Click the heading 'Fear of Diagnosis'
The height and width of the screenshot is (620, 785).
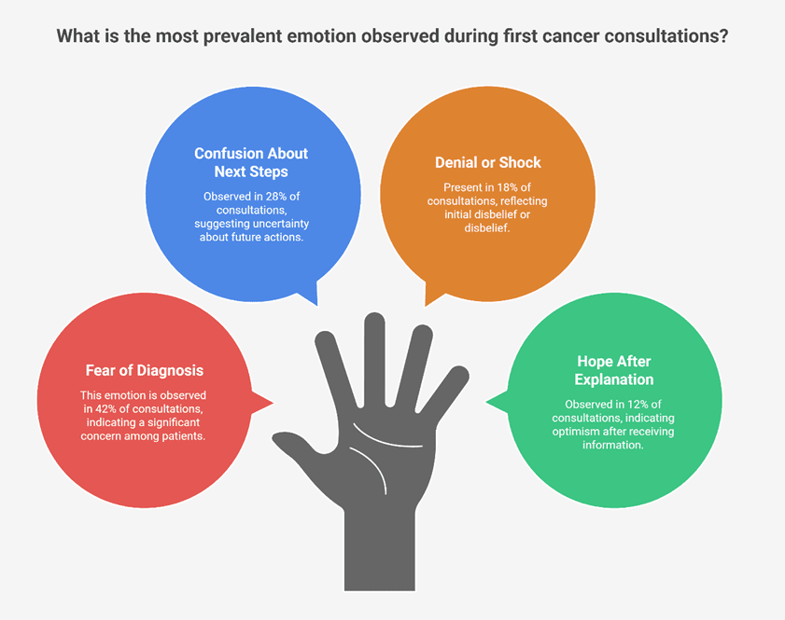click(x=144, y=370)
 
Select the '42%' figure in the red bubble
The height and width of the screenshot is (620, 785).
click(x=105, y=408)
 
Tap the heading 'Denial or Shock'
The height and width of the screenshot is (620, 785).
click(x=487, y=162)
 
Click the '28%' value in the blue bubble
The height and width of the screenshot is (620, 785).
click(x=276, y=197)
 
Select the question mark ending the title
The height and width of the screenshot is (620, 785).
click(x=722, y=36)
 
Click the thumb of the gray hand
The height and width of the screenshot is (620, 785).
click(x=301, y=447)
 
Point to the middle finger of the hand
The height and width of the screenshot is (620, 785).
click(x=374, y=357)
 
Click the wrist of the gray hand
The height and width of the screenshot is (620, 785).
click(x=380, y=550)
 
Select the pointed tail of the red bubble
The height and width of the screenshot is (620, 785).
click(x=262, y=403)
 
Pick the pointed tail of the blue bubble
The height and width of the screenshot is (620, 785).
click(x=308, y=294)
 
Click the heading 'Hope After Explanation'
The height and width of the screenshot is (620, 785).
click(x=614, y=370)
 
